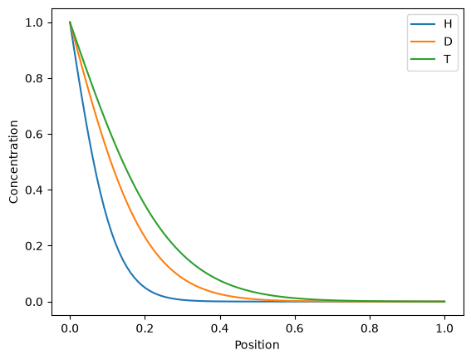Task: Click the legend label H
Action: [448, 24]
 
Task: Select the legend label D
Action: [448, 42]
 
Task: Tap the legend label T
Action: [447, 59]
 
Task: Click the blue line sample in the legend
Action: [423, 24]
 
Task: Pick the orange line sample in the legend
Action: [423, 42]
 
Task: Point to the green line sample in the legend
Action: [423, 59]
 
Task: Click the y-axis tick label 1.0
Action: [34, 22]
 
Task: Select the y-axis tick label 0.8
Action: [34, 78]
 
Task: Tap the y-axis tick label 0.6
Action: [34, 134]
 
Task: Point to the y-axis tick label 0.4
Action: [34, 190]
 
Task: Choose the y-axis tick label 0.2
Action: [34, 246]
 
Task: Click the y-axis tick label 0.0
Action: [34, 302]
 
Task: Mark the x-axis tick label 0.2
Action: [145, 328]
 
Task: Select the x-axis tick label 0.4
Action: [219, 328]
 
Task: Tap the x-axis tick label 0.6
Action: [295, 328]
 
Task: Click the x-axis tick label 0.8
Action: [370, 328]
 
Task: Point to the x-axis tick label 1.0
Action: [444, 328]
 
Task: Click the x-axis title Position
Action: [258, 345]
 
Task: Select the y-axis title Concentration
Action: [13, 162]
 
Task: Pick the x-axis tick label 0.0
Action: [70, 328]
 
